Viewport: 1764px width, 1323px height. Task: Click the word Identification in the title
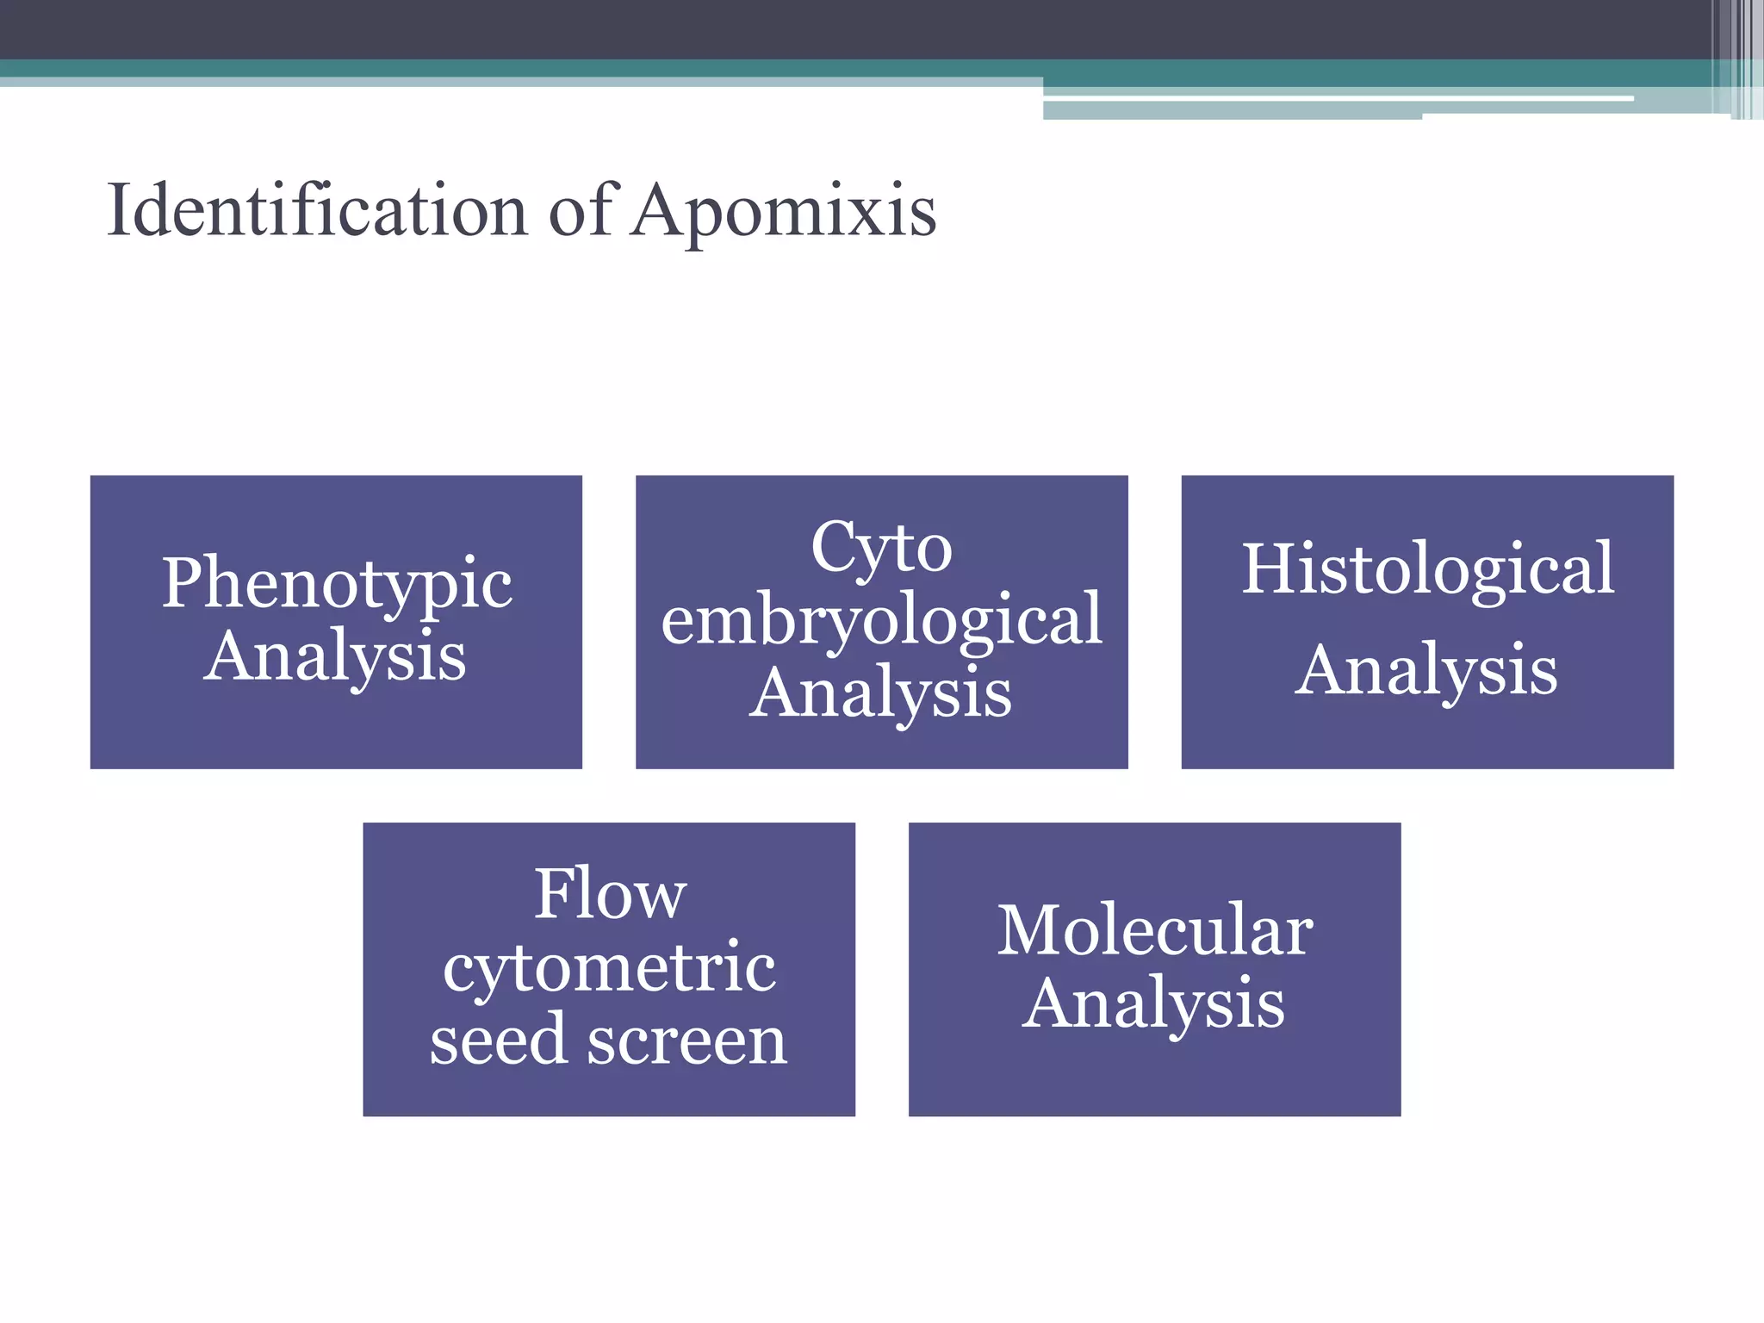click(x=317, y=211)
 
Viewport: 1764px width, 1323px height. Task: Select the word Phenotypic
click(x=337, y=585)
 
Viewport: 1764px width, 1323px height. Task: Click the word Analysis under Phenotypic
click(x=335, y=658)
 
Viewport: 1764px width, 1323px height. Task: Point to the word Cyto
click(x=881, y=548)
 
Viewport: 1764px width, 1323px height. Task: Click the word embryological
click(x=881, y=620)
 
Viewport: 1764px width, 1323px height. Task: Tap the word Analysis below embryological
click(x=880, y=694)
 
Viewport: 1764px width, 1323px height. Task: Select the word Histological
click(x=1427, y=569)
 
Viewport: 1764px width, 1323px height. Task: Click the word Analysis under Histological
click(x=1426, y=671)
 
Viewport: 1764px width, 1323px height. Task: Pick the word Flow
click(x=610, y=895)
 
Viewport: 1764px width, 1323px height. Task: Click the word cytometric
click(x=609, y=968)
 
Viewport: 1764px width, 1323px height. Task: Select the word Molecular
click(x=1155, y=931)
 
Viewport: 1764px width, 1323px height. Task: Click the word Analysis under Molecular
click(x=1154, y=1004)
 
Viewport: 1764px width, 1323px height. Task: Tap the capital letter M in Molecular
click(x=1029, y=931)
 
